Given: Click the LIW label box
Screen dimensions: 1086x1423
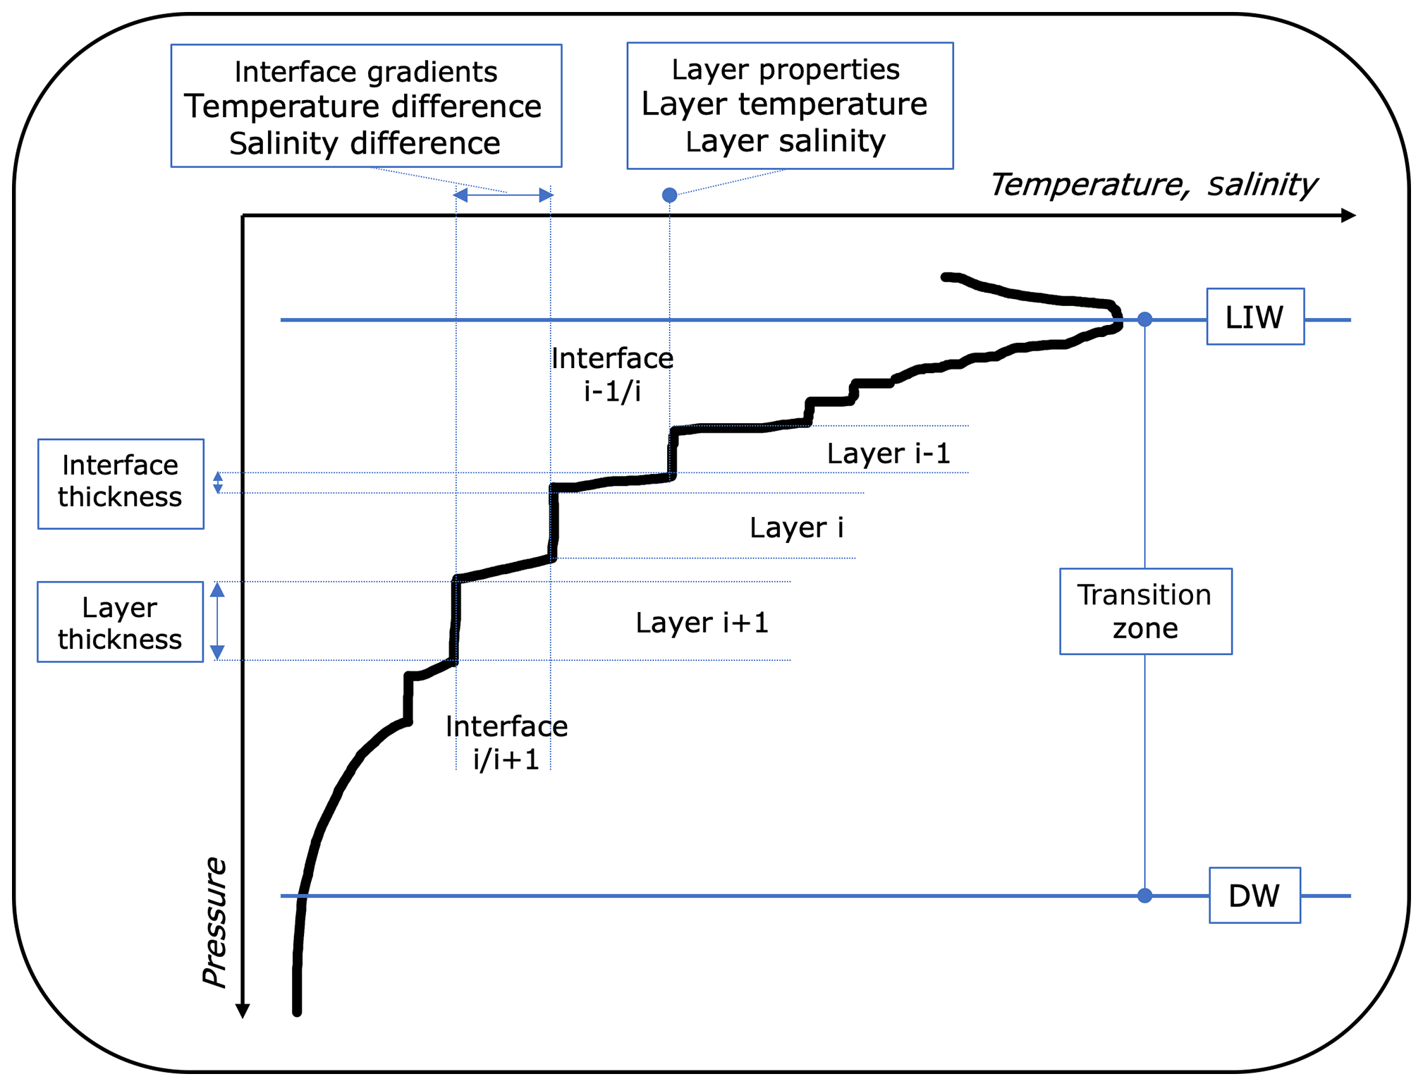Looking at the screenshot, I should pyautogui.click(x=1254, y=317).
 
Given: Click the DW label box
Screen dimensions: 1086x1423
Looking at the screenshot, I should pyautogui.click(x=1254, y=896).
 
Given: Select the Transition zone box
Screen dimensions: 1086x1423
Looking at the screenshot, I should pyautogui.click(x=1145, y=611).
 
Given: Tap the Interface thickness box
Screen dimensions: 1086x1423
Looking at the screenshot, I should pyautogui.click(x=121, y=484).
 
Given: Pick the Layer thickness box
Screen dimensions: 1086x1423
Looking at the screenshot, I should pyautogui.click(x=120, y=622).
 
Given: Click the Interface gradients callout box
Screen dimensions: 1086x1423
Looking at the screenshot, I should pyautogui.click(x=366, y=106).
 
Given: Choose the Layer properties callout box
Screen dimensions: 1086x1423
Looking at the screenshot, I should pyautogui.click(x=790, y=106).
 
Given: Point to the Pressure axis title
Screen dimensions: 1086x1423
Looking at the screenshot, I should pyautogui.click(x=214, y=922).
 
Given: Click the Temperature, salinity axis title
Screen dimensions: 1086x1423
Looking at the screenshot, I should pyautogui.click(x=1153, y=185).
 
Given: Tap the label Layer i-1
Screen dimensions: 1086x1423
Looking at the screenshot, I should pyautogui.click(x=888, y=453).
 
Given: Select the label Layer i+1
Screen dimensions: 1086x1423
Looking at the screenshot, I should pyautogui.click(x=702, y=623).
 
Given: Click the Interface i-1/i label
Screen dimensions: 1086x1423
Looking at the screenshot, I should pyautogui.click(x=612, y=374).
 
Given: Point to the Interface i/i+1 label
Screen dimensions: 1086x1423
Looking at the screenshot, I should pyautogui.click(x=506, y=743).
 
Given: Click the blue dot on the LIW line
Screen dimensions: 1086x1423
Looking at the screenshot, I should pyautogui.click(x=1144, y=319).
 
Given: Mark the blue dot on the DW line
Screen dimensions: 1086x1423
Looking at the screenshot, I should pyautogui.click(x=1144, y=896).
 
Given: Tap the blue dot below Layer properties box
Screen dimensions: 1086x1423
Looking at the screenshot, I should pyautogui.click(x=669, y=195).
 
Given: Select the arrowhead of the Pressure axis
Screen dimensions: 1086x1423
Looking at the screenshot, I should pyautogui.click(x=243, y=1011).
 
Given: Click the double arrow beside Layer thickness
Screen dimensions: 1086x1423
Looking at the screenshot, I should pyautogui.click(x=218, y=621).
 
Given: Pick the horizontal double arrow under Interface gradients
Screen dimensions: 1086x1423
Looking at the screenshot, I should pyautogui.click(x=503, y=195).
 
